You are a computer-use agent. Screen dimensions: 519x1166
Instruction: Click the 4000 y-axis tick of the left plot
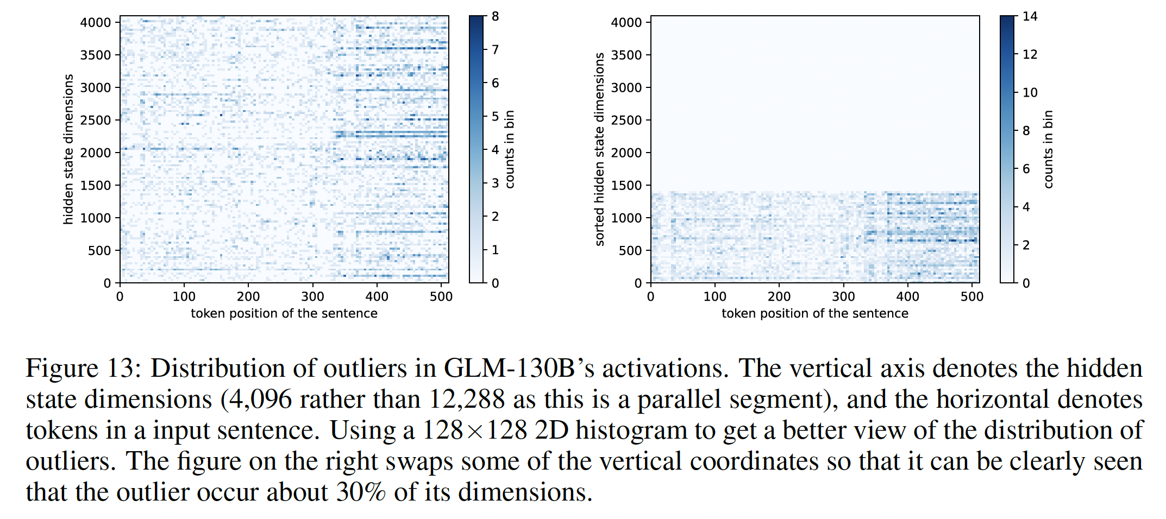pos(96,23)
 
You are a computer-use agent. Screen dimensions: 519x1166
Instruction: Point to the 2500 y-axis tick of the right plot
pos(626,121)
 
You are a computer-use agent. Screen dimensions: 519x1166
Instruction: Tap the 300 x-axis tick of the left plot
pos(312,296)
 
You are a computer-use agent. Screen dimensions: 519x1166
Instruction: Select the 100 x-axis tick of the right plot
pos(714,296)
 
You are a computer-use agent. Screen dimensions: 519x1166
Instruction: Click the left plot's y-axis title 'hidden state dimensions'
pos(68,149)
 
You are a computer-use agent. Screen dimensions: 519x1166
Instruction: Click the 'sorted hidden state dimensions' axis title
pos(599,149)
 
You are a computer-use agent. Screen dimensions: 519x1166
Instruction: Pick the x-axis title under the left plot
pos(284,314)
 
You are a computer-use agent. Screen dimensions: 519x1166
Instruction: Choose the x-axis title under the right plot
pos(814,314)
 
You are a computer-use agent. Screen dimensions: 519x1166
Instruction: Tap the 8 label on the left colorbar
pos(495,17)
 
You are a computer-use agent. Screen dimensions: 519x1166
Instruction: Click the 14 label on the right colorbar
pos(1030,17)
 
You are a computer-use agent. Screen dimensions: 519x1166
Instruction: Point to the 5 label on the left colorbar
pos(495,117)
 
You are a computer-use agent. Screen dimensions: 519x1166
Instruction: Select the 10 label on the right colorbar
pos(1030,93)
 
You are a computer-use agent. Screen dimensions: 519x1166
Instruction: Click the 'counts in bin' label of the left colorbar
pos(510,149)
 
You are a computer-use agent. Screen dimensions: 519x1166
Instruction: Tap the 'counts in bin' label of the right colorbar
pos(1048,149)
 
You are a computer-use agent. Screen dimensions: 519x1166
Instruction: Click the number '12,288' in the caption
pos(467,400)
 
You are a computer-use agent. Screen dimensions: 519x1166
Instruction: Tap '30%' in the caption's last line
pos(361,492)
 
